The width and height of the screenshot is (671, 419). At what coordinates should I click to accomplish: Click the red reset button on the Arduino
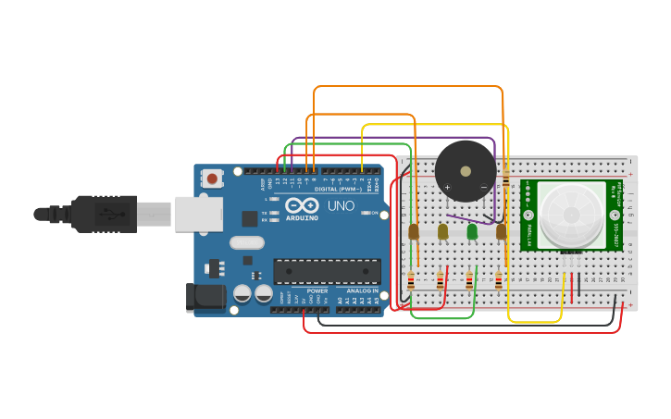point(213,179)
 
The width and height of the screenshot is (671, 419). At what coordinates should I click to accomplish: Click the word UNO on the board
point(339,204)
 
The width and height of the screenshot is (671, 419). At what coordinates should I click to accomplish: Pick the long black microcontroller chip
point(327,270)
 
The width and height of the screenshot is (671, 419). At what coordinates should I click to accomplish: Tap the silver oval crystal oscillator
point(247,243)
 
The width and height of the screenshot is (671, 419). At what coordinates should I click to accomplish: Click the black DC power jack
point(205,297)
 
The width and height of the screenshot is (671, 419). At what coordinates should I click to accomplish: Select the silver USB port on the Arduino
point(199,214)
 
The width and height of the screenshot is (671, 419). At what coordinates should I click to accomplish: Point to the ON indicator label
point(374,214)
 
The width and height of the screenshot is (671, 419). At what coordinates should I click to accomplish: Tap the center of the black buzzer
point(466,171)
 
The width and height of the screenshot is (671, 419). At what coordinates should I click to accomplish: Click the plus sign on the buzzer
point(447,188)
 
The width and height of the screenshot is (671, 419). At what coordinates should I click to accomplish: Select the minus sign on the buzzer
point(483,188)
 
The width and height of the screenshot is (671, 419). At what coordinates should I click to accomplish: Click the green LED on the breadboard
point(472,231)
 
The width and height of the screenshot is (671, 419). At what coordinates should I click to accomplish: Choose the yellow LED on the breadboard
point(443,231)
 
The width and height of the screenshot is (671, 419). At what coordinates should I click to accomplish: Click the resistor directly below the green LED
point(469,280)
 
